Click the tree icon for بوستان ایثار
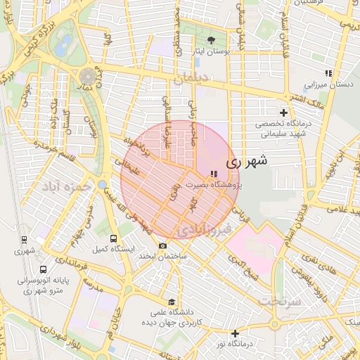[x=212, y=39]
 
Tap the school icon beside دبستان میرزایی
[x=328, y=72]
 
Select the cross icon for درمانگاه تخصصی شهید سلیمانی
[x=284, y=112]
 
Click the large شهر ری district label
[x=247, y=161]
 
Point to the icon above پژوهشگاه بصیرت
[x=214, y=174]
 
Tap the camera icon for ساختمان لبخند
[x=163, y=245]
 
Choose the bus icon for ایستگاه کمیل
[x=114, y=238]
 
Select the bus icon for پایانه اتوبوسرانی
[x=44, y=269]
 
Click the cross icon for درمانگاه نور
[x=235, y=333]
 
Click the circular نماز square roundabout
[x=88, y=75]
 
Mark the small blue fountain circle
[x=103, y=186]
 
